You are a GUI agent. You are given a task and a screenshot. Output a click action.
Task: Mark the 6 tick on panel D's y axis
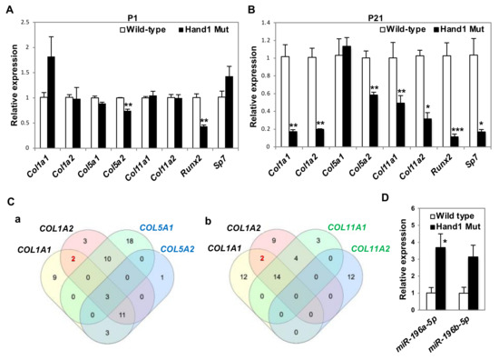click(x=389, y=209)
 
